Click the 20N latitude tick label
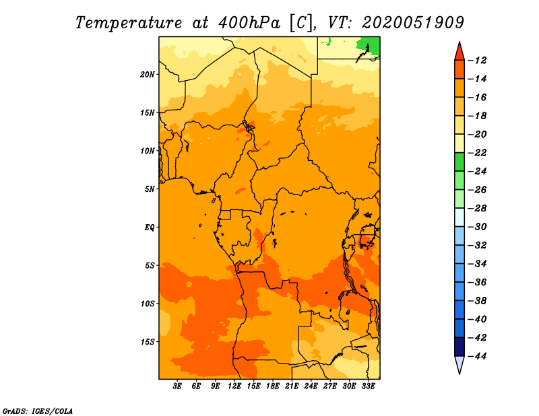pos(147,75)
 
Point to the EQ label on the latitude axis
pos(149,228)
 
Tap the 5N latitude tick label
pos(150,189)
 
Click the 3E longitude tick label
pos(177,386)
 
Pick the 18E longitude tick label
pos(273,386)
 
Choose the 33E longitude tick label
pos(368,386)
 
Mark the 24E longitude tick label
pos(311,386)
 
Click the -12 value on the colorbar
pos(477,61)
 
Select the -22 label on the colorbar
pos(477,153)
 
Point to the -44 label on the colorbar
pos(477,356)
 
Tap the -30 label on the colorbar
pos(477,227)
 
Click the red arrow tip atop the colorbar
pos(459,42)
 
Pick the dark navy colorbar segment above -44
pos(459,347)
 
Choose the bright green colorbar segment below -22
pos(459,162)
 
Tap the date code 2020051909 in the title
pos(413,23)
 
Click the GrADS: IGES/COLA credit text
pos(38,411)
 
